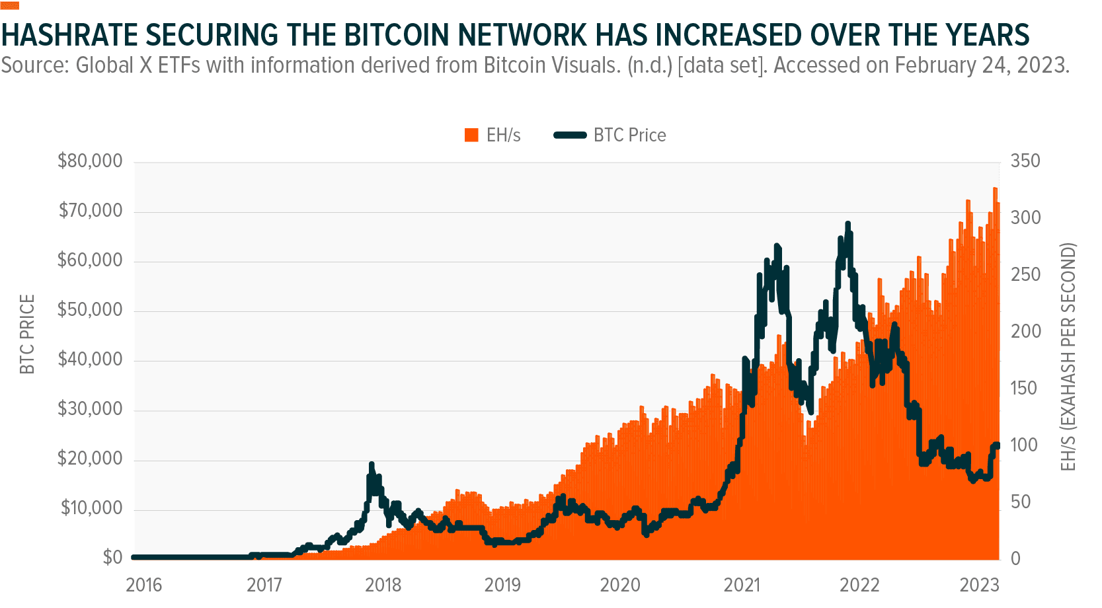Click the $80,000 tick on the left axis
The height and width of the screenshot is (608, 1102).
pos(90,161)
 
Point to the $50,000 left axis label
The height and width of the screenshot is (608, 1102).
pos(90,310)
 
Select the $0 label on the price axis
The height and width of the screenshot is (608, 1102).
pos(112,558)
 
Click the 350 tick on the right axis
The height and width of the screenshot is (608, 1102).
pos(1025,161)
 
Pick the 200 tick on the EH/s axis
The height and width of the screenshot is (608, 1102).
pos(1025,331)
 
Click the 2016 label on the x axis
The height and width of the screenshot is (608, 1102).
pos(144,585)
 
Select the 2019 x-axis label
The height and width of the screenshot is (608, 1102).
pos(502,585)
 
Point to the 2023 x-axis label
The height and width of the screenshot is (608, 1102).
pos(980,585)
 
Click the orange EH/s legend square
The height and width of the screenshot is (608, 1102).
pos(471,135)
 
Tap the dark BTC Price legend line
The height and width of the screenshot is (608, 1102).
pos(570,135)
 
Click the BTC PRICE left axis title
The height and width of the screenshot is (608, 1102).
pos(27,334)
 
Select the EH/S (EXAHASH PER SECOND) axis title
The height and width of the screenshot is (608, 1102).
pos(1068,357)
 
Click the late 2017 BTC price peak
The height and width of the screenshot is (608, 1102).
pos(372,464)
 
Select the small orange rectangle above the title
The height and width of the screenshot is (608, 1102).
pos(10,6)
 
